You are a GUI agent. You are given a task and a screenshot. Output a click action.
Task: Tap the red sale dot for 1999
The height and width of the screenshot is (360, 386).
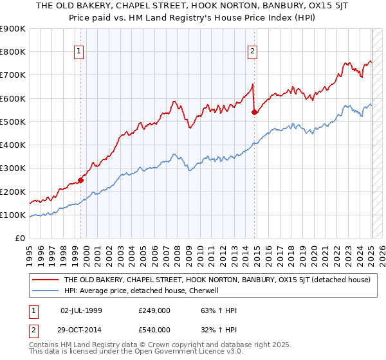click(x=81, y=180)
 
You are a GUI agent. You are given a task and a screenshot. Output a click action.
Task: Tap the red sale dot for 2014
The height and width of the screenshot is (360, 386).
click(x=255, y=112)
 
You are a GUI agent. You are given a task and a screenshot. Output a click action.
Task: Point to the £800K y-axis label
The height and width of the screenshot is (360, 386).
click(x=13, y=52)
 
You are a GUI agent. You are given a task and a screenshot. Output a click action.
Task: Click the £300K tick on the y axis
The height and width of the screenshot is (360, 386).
click(x=13, y=168)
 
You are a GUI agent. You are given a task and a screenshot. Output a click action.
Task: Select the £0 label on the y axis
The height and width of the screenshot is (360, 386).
click(x=20, y=239)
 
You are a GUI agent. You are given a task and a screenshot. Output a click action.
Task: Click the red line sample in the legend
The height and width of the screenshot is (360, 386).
click(x=44, y=280)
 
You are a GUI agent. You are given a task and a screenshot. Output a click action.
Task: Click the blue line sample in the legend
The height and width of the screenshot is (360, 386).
click(x=44, y=291)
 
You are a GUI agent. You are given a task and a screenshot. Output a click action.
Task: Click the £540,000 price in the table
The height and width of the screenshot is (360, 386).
click(x=154, y=330)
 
